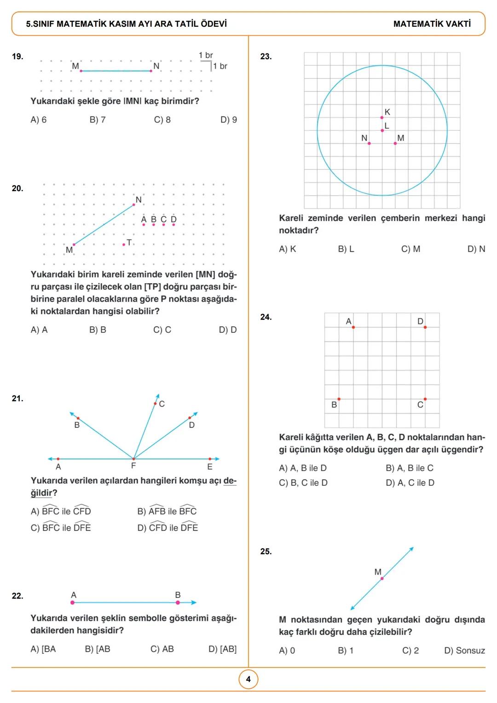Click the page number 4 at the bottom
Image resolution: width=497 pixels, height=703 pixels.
[x=248, y=679]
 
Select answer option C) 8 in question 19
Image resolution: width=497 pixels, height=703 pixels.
[x=162, y=120]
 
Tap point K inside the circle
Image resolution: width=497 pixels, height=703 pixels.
[x=382, y=117]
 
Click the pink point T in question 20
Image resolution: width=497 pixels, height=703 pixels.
[x=124, y=244]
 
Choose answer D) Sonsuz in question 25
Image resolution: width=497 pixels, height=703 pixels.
[x=464, y=651]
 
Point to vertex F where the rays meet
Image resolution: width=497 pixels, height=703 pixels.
[x=133, y=459]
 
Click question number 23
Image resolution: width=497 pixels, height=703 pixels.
[x=266, y=57]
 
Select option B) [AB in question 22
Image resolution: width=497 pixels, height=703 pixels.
[x=98, y=649]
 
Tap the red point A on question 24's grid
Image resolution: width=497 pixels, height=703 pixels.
[x=353, y=327]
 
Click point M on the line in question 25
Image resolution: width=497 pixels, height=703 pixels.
[x=382, y=578]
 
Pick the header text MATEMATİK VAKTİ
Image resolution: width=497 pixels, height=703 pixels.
[x=432, y=24]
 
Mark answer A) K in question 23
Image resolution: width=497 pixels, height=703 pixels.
[x=288, y=249]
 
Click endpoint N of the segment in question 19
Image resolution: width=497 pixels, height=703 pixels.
[x=151, y=71]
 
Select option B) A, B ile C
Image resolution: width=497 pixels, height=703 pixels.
[x=409, y=468]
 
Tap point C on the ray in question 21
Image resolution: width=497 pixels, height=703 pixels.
[x=155, y=403]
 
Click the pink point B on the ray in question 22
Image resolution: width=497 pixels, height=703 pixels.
[x=178, y=602]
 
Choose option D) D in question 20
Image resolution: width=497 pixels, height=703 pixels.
[x=228, y=330]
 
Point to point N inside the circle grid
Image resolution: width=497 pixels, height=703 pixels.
[x=369, y=143]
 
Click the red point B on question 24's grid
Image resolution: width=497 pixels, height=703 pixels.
[x=339, y=399]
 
